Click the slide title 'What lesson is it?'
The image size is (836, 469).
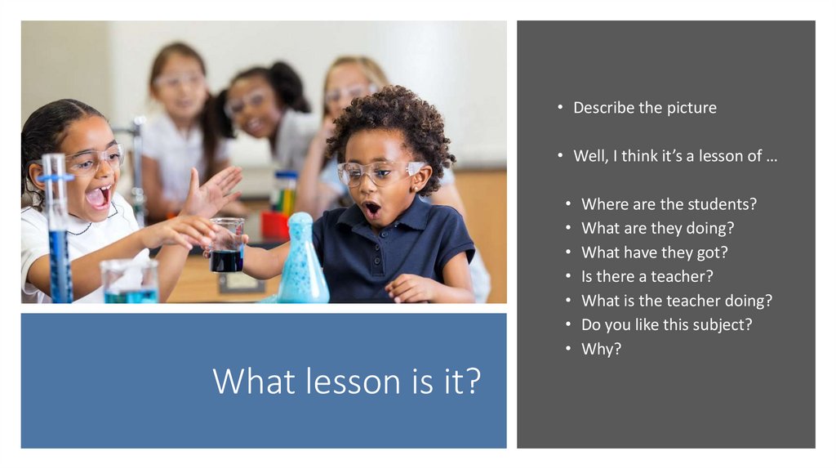346,382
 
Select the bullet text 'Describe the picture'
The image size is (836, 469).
644,108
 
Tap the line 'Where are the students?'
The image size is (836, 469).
669,204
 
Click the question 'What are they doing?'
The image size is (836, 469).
657,228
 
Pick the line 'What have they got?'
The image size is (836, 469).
654,252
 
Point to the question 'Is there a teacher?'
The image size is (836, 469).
647,276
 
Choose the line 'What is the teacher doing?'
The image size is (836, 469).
676,301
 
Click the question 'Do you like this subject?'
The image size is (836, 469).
666,324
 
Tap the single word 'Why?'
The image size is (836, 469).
601,349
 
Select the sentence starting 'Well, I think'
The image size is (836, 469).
674,156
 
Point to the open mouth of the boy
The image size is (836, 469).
371,209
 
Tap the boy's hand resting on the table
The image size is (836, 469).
413,288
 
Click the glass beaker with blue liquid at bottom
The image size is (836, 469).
129,282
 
